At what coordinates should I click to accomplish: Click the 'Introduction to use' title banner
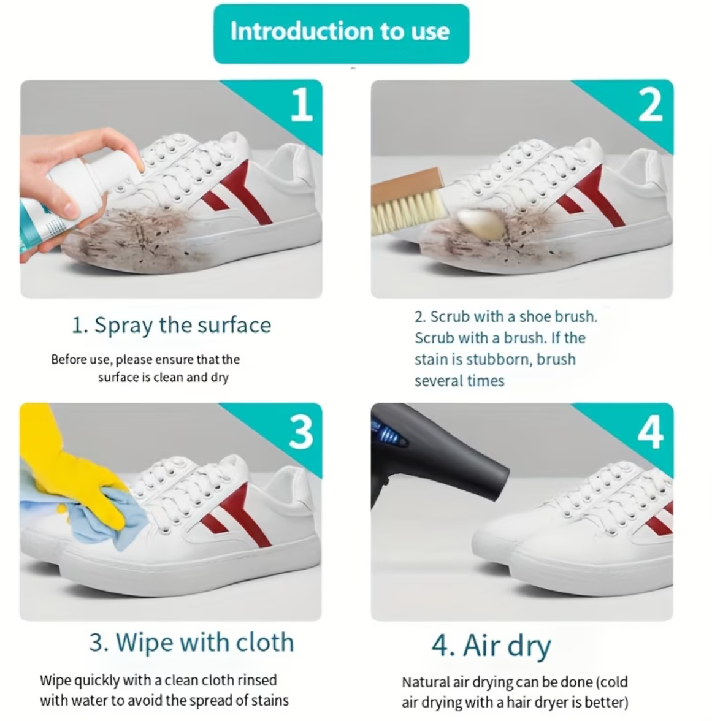(x=341, y=34)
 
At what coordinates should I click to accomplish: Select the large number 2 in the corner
(x=651, y=105)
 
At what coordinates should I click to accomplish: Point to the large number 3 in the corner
(x=301, y=432)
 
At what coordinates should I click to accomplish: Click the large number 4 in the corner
(x=651, y=432)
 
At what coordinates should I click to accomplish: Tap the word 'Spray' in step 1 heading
(x=123, y=326)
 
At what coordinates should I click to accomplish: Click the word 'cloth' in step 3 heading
(x=264, y=643)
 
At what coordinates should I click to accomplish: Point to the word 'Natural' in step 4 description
(x=426, y=682)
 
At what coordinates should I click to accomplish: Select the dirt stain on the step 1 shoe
(x=138, y=239)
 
